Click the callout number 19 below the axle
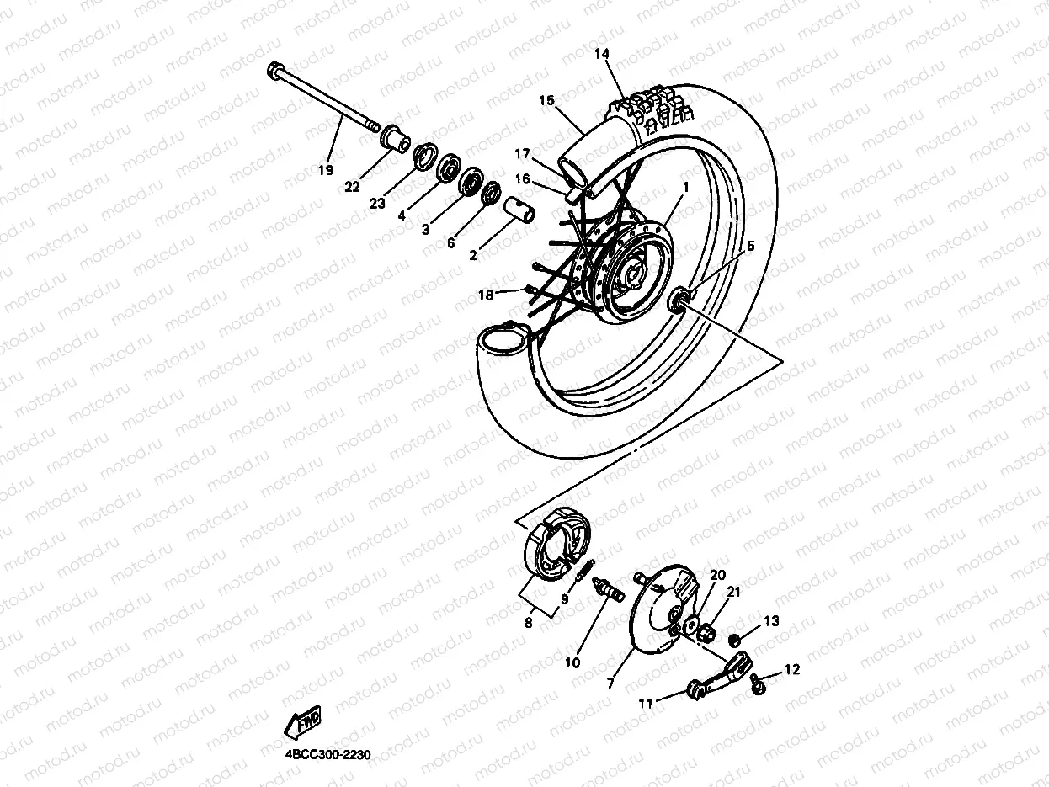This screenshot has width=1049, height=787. click(325, 170)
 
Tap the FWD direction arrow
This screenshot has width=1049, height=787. click(304, 721)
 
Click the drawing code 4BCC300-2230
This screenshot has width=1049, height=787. click(322, 755)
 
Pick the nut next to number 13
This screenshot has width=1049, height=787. click(735, 639)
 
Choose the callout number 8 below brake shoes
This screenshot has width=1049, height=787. click(529, 624)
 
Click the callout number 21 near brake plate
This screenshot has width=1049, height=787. click(733, 593)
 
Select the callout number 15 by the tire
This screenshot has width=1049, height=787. click(547, 101)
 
